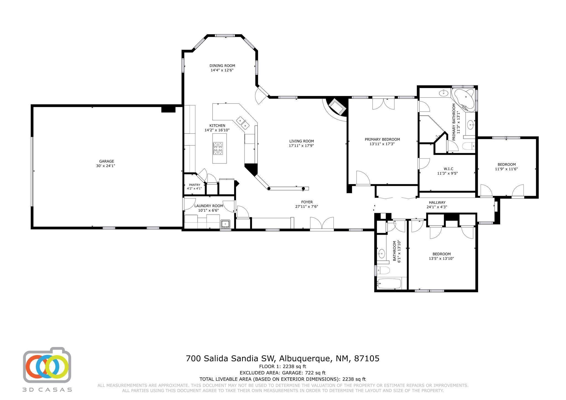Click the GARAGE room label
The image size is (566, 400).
(x=107, y=161)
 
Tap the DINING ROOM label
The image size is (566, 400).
(x=222, y=66)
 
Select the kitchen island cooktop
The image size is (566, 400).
(x=218, y=149)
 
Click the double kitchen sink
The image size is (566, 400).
(x=243, y=123)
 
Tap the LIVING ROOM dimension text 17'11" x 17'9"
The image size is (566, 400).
(x=302, y=145)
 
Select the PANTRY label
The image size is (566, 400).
(x=195, y=185)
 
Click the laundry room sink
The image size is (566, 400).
(x=226, y=224)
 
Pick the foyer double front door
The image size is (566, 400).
(x=322, y=224)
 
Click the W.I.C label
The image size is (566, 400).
(x=448, y=169)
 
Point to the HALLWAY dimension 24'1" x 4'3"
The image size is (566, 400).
(x=437, y=207)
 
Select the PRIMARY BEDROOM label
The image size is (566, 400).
(x=382, y=139)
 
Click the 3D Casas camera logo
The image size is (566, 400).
(x=47, y=365)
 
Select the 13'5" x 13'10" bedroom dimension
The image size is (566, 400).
(x=441, y=259)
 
